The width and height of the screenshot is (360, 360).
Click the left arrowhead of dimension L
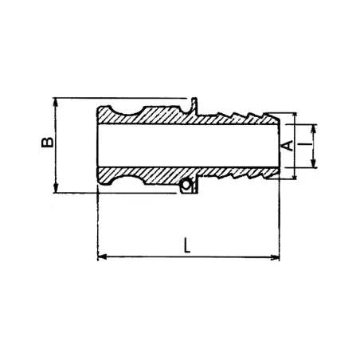tap(100, 256)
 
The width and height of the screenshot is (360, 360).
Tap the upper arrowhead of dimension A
tap(295, 115)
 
